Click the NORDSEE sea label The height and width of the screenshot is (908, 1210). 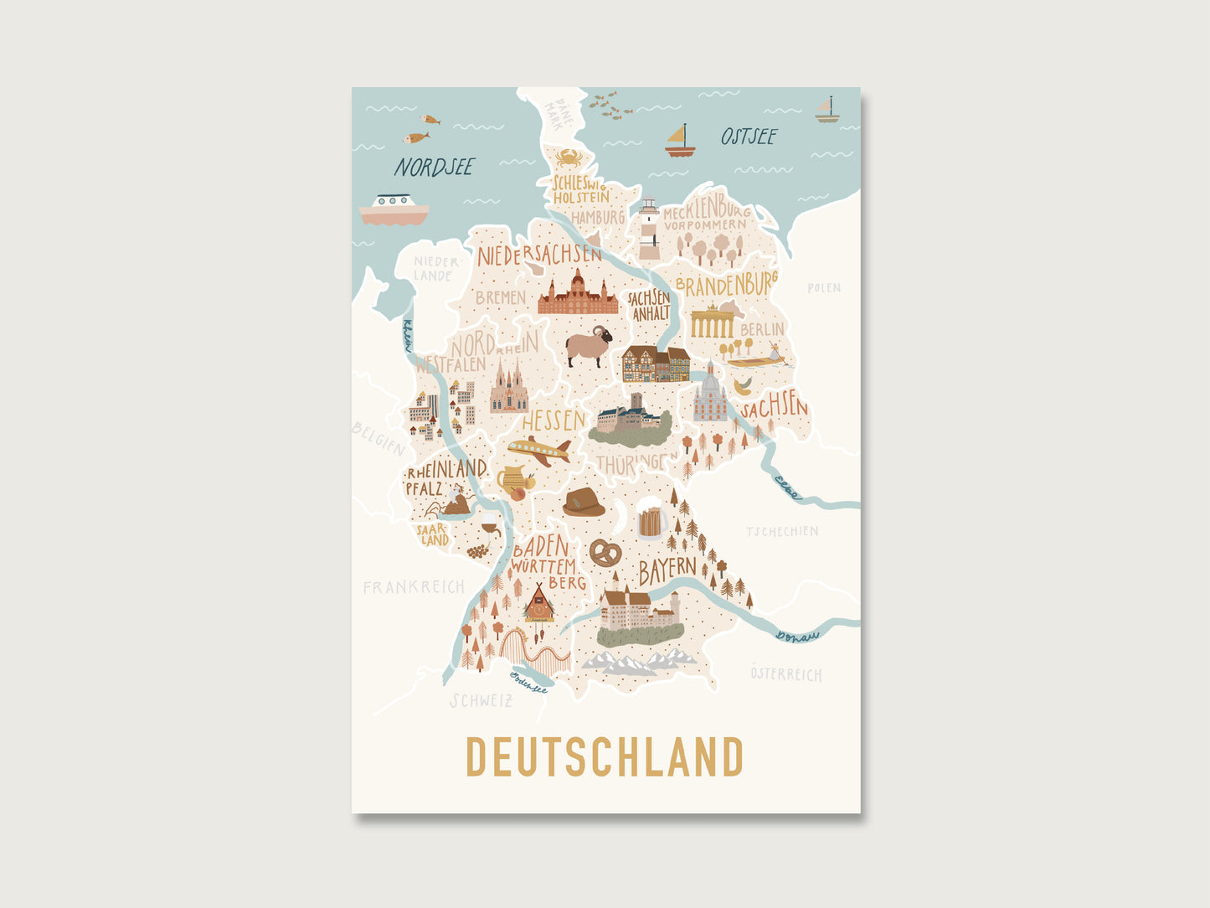pyautogui.click(x=434, y=168)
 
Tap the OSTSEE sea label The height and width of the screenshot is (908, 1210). pyautogui.click(x=749, y=137)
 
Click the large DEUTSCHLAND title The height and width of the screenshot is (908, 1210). pyautogui.click(x=605, y=757)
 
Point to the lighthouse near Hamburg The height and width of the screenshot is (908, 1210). pyautogui.click(x=649, y=228)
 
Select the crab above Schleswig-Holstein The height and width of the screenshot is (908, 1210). pyautogui.click(x=569, y=157)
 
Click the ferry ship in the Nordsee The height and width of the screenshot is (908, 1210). pyautogui.click(x=394, y=209)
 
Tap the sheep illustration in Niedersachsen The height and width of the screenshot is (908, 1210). pyautogui.click(x=589, y=345)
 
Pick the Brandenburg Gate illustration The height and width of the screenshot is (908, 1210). pyautogui.click(x=712, y=321)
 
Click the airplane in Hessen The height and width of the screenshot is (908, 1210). pyautogui.click(x=539, y=451)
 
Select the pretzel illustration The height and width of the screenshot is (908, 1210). pyautogui.click(x=605, y=551)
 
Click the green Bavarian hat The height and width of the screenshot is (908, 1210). pyautogui.click(x=584, y=503)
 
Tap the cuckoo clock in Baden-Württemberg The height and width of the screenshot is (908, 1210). pyautogui.click(x=538, y=605)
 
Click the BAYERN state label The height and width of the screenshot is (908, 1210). pyautogui.click(x=667, y=570)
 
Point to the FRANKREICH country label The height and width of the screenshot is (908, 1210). pyautogui.click(x=414, y=587)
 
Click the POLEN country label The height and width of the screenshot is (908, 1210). pyautogui.click(x=824, y=288)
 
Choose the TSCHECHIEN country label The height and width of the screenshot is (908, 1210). pyautogui.click(x=782, y=531)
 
